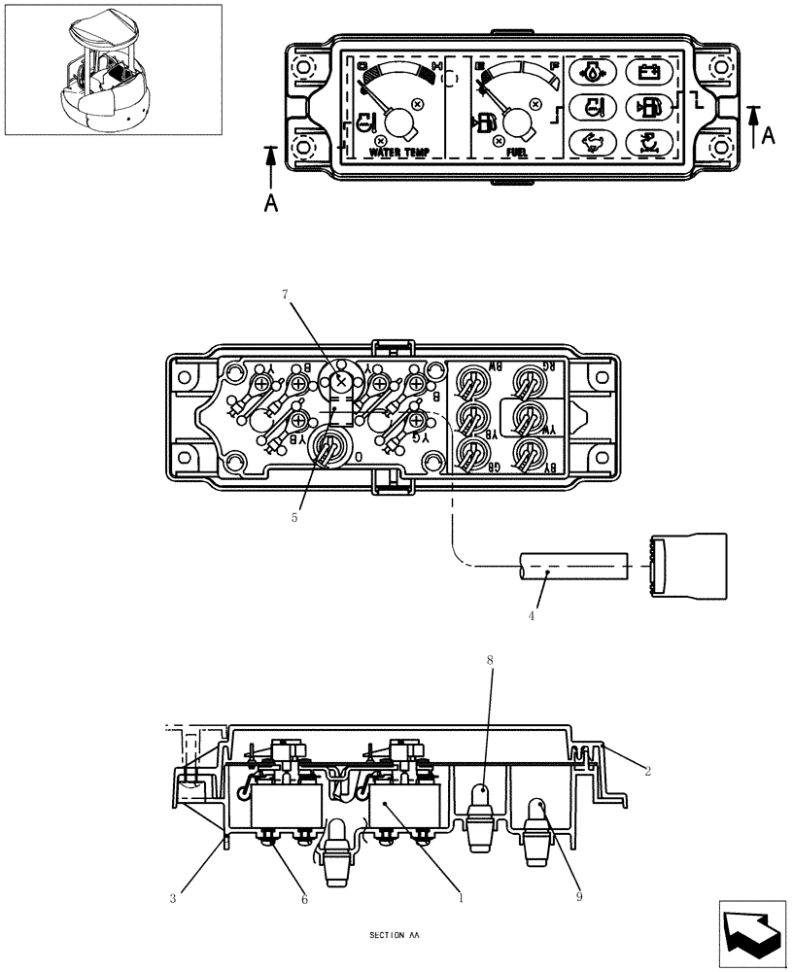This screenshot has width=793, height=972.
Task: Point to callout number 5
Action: coord(294,518)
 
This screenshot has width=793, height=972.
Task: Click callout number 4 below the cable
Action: coord(532,615)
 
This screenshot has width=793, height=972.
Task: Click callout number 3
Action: coord(173,899)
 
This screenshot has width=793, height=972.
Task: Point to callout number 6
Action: coord(304,899)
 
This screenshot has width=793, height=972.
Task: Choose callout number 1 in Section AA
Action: coord(461,899)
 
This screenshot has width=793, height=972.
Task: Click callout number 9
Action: coord(578,897)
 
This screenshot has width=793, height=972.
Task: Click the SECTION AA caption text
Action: coord(395,936)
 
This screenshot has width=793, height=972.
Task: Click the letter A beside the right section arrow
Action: coord(768,137)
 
